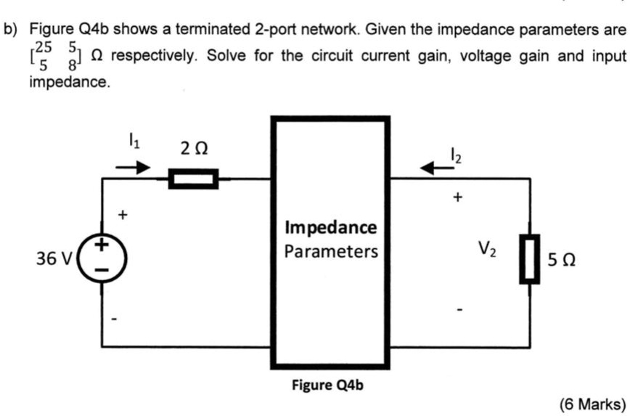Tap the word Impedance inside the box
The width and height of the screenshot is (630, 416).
[331, 227]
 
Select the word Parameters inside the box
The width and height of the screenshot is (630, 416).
[331, 251]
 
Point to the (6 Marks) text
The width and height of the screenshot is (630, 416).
[592, 403]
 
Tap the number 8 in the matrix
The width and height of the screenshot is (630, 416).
[73, 64]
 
